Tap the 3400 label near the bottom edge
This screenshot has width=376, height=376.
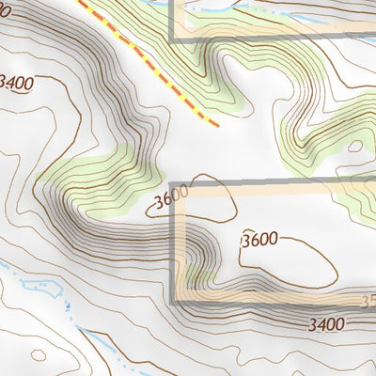pos(325,324)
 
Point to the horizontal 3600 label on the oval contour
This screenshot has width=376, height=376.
pos(258,240)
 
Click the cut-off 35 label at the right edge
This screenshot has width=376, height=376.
pos(368,303)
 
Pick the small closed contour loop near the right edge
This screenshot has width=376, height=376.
pos(355,147)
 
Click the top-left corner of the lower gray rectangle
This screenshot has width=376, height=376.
pos(173,182)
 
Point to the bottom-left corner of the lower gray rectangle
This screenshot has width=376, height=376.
pos(173,300)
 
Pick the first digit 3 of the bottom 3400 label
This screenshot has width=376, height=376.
pos(311,324)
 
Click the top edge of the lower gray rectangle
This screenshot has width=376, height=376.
pos(273,182)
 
